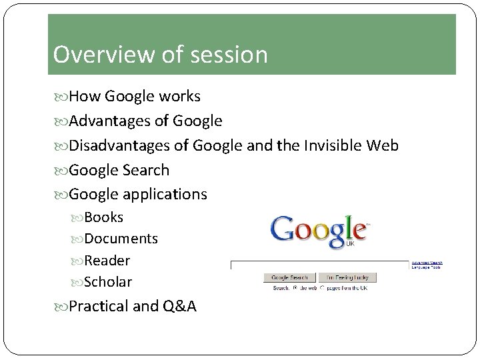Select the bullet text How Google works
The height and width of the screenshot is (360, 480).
(x=134, y=97)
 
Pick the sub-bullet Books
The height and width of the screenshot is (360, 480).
(x=103, y=217)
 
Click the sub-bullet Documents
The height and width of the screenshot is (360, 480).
(x=121, y=239)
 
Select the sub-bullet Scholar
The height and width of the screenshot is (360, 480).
(x=108, y=282)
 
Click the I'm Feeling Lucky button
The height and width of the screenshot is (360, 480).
(x=347, y=277)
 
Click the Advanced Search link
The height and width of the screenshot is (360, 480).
(x=427, y=262)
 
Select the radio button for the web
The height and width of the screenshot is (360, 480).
(x=294, y=288)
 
